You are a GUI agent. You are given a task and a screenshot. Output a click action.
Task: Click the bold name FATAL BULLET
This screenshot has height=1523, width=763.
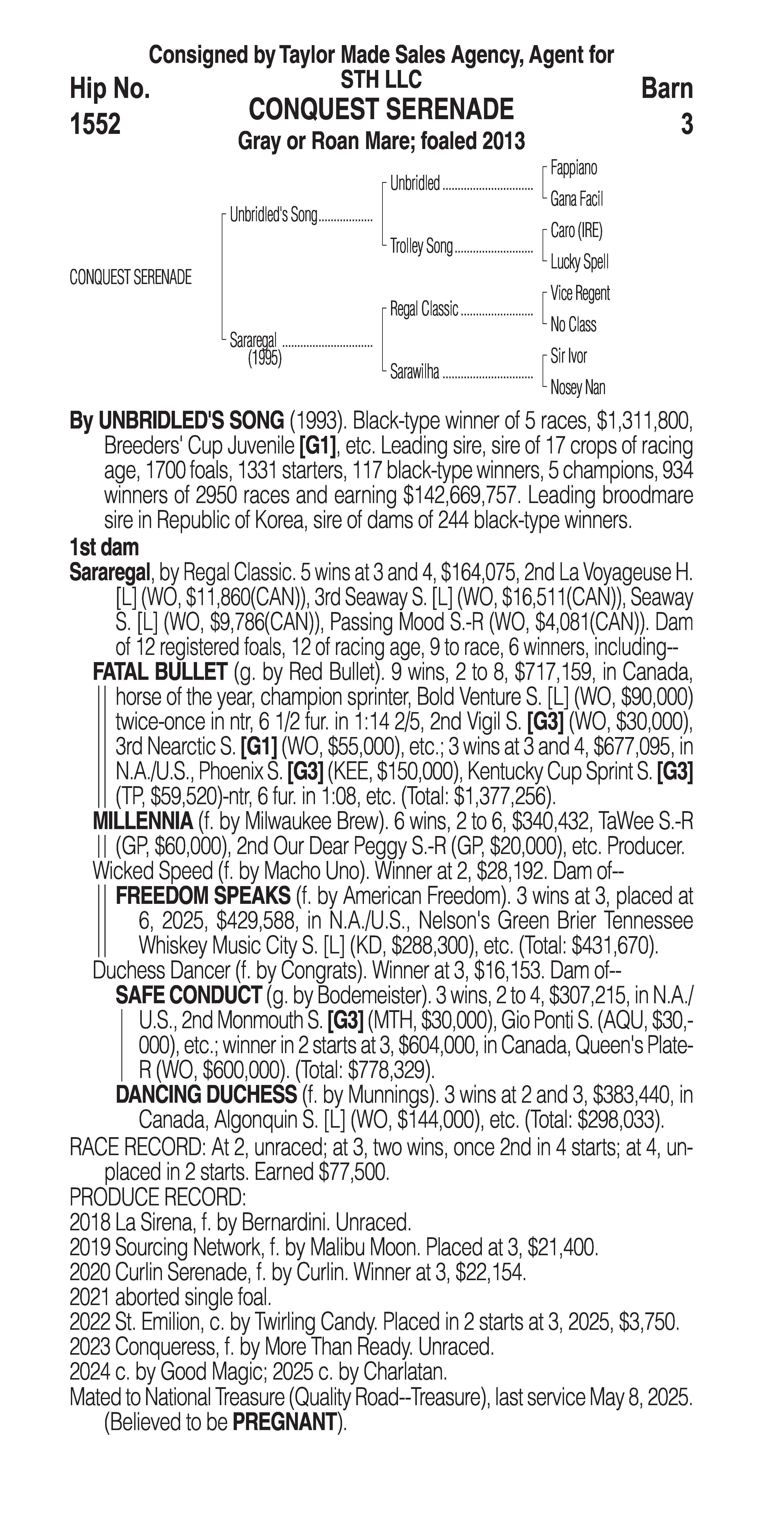tap(160, 672)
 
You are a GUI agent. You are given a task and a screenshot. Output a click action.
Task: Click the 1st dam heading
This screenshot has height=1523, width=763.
tap(104, 547)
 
